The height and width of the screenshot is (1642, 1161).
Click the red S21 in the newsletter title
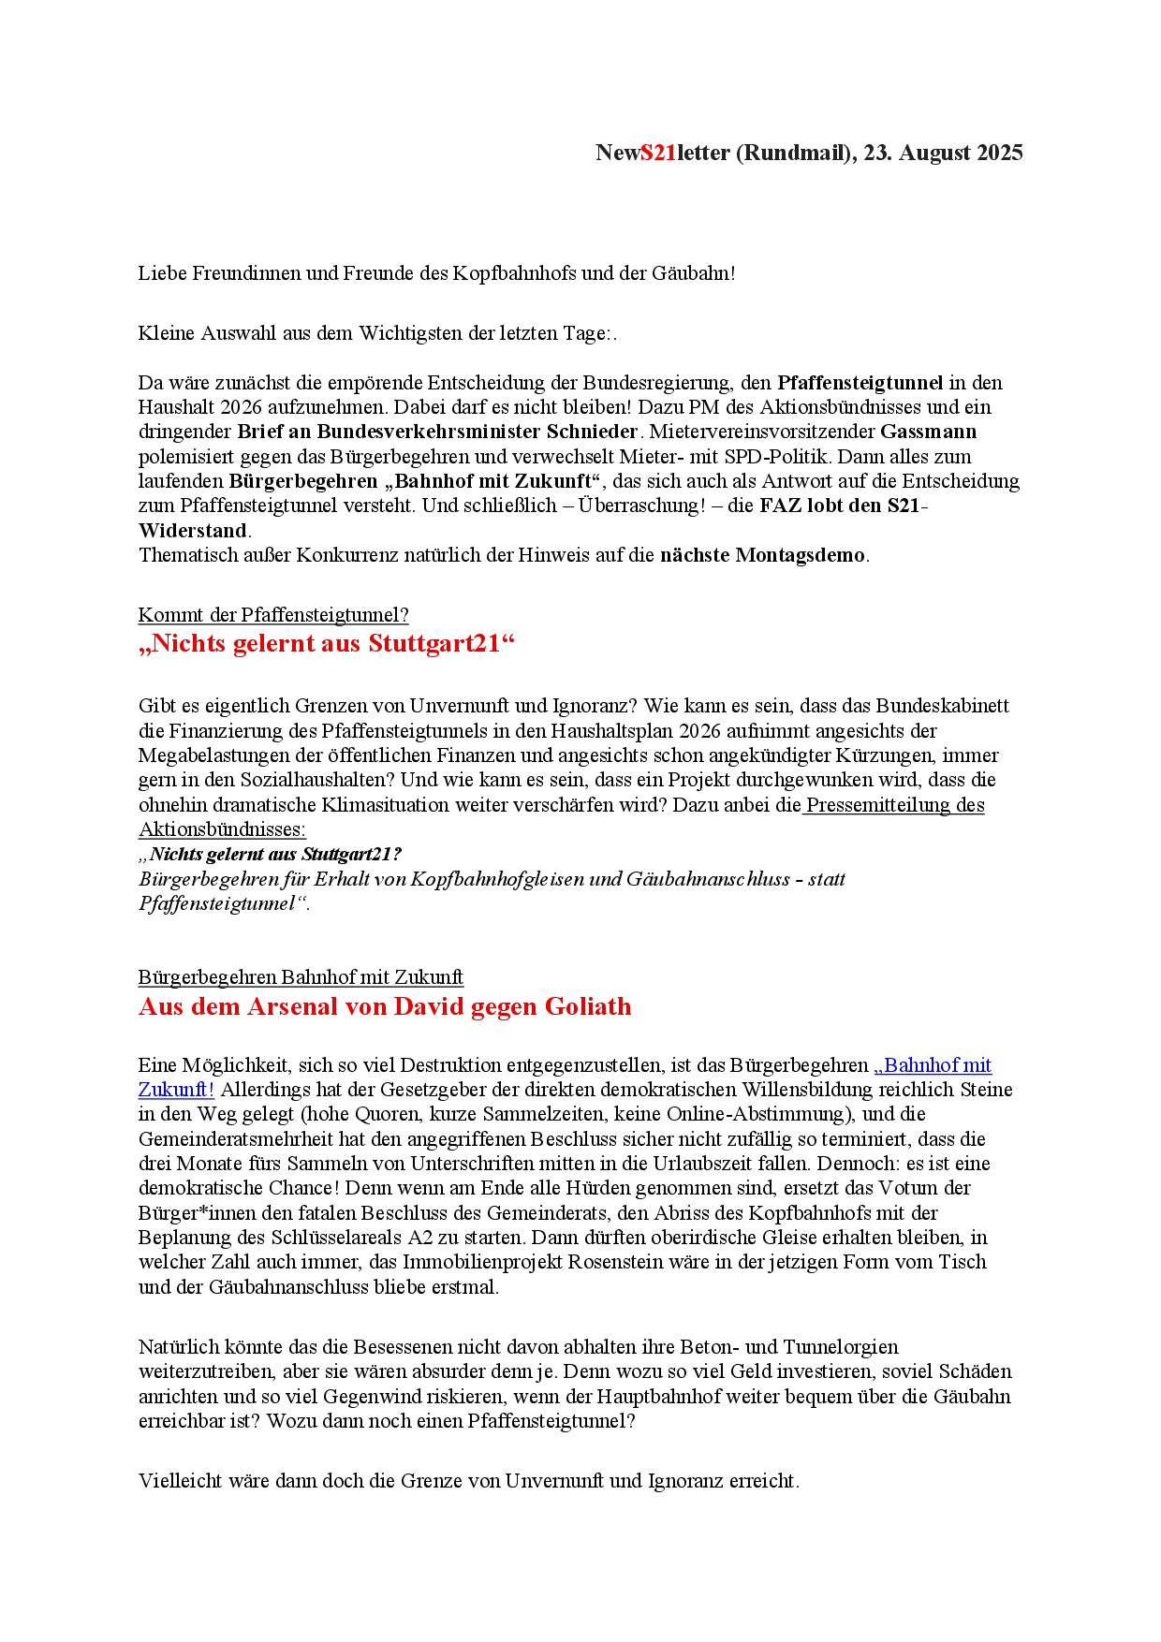coord(658,153)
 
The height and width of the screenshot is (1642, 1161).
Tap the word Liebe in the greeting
coord(163,273)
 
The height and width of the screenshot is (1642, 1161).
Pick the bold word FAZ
coord(780,506)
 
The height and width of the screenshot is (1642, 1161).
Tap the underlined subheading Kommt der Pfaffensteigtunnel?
coord(273,615)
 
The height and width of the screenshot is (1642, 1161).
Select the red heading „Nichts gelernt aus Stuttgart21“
coord(327,644)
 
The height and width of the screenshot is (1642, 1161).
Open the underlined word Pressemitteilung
coord(878,805)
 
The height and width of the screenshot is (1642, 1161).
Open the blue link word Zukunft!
coord(176,1090)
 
